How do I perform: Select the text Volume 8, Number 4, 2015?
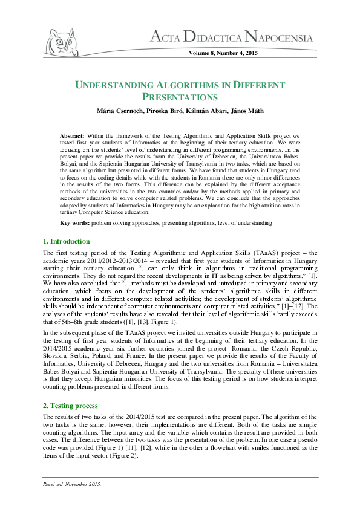pyautogui.click(x=223, y=54)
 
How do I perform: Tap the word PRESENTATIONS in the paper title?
pyautogui.click(x=180, y=97)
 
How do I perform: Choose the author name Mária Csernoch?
pyautogui.click(x=106, y=111)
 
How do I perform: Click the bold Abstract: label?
pyautogui.click(x=73, y=137)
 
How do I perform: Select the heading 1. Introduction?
pyautogui.click(x=67, y=241)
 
